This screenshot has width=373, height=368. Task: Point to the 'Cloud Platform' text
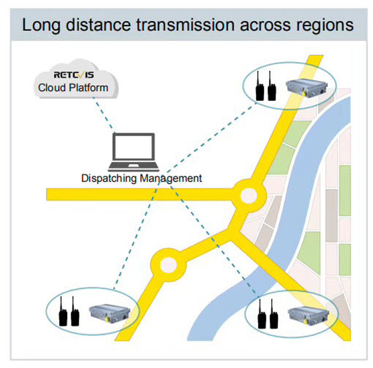tap(73, 87)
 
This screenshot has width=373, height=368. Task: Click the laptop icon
tap(133, 150)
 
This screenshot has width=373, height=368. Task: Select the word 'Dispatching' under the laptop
tap(109, 178)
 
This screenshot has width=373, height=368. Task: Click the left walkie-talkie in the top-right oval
tap(260, 87)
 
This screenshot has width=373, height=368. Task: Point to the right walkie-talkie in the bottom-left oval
tap(75, 314)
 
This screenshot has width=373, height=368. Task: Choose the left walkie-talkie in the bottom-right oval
tap(262, 315)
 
